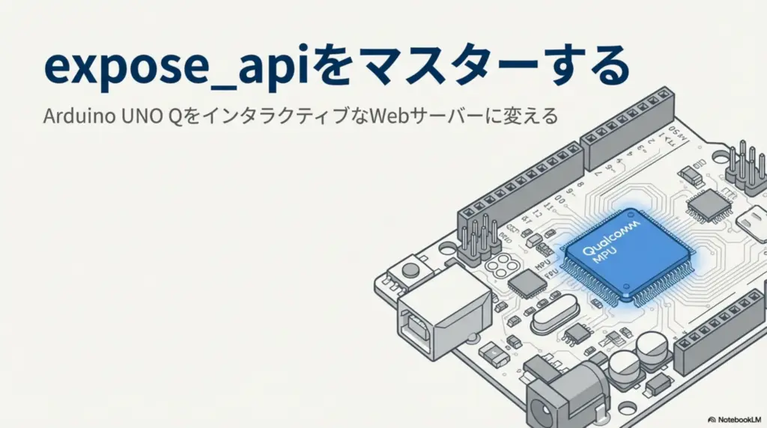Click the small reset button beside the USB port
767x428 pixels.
click(410, 269)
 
